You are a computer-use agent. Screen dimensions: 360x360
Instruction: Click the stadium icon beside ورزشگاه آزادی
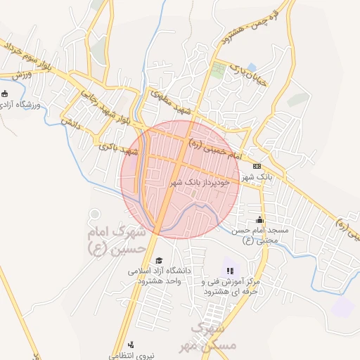coord(5,93)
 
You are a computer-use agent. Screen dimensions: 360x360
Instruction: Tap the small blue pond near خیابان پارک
coord(251,67)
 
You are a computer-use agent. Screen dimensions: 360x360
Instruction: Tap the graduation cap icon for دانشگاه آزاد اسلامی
coord(158,260)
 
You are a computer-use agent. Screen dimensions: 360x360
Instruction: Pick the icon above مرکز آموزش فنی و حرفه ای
coord(229,270)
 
